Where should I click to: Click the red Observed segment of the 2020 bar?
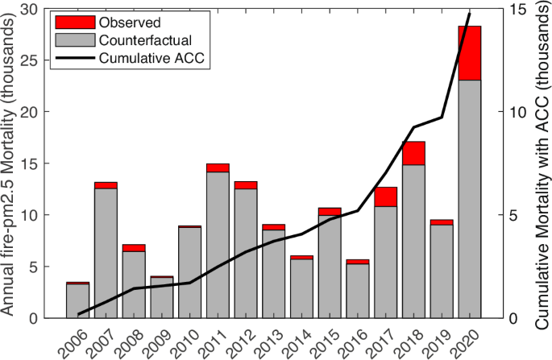click(x=470, y=53)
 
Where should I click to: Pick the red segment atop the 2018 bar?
click(x=413, y=153)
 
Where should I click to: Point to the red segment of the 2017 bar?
click(x=385, y=197)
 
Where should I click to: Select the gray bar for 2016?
click(x=358, y=291)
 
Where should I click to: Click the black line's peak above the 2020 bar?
click(x=470, y=14)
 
